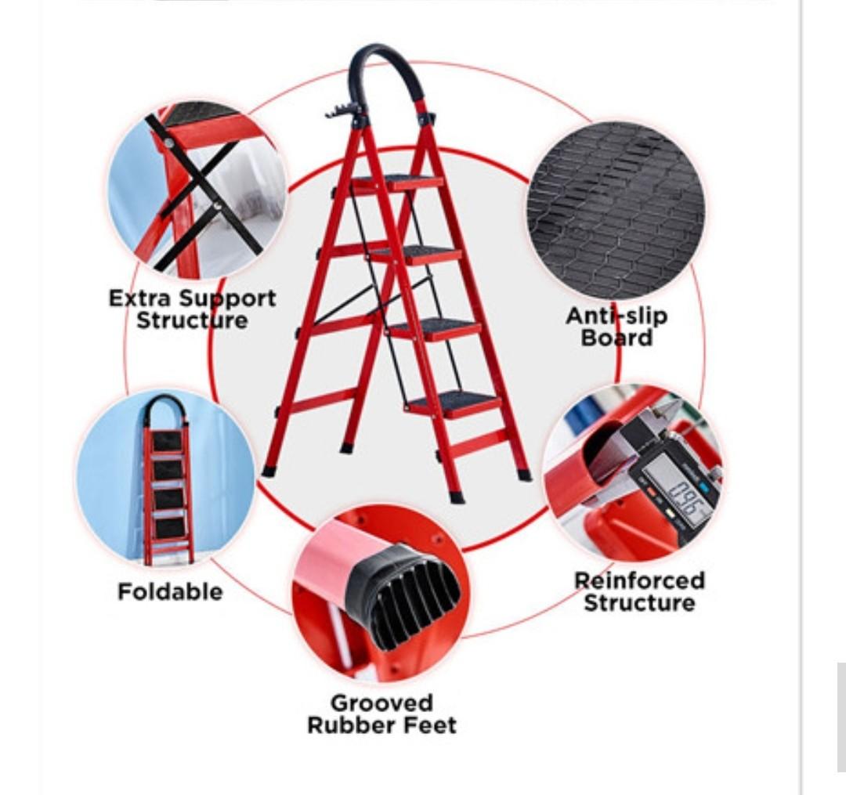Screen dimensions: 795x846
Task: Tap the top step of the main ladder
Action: coord(396,183)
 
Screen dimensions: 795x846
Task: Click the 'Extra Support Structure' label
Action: coord(192,309)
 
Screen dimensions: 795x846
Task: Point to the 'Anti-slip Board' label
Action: coord(616,327)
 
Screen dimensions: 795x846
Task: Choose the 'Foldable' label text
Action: coord(170,591)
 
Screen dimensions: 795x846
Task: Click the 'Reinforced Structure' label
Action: coord(639,591)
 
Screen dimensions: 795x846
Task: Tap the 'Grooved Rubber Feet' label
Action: coord(381,714)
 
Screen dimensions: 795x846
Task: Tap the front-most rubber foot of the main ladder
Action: coord(457,497)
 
